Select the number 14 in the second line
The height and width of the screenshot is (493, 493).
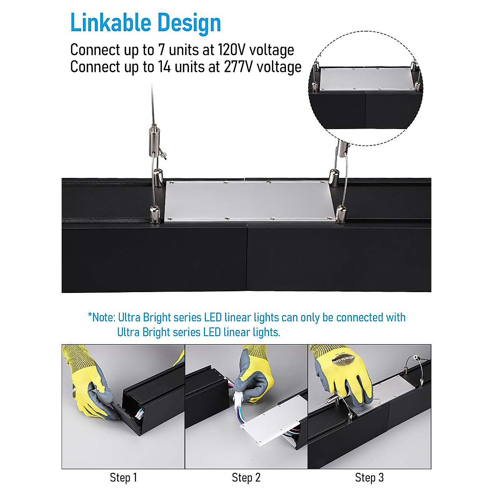click(164, 67)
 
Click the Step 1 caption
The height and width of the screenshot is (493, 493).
click(123, 478)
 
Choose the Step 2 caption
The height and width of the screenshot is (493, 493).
click(246, 478)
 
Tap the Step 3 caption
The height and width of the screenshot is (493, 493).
click(369, 478)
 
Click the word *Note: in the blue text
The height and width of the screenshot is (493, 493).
click(101, 318)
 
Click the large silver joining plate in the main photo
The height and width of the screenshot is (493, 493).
click(249, 200)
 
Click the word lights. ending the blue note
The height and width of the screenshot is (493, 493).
click(267, 332)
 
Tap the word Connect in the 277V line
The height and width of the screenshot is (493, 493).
click(94, 67)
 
